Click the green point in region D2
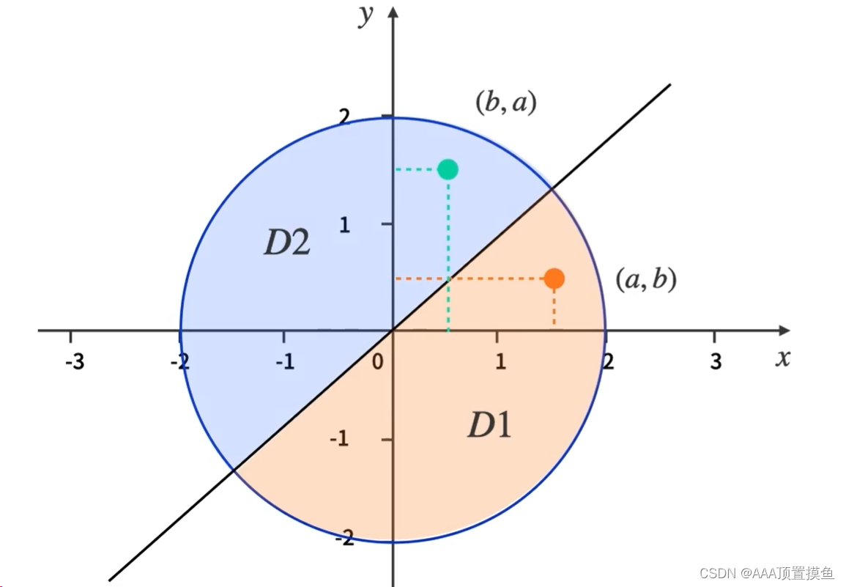tap(448, 169)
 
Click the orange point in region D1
tap(554, 278)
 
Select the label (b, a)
tap(506, 103)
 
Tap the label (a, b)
tap(645, 279)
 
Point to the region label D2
tap(286, 243)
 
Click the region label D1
tap(489, 426)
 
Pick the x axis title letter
tap(783, 358)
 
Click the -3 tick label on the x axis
tap(74, 361)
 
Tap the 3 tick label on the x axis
tap(716, 361)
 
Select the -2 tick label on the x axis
tap(179, 361)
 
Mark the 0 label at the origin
tap(378, 361)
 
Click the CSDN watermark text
tap(766, 573)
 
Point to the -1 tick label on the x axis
tap(286, 361)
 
